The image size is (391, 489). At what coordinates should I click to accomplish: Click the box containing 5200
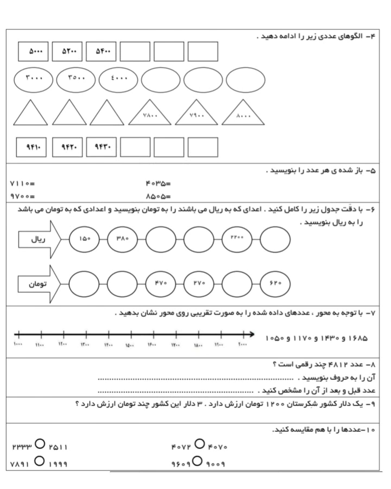(x=67, y=51)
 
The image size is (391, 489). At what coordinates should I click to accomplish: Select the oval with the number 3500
(x=76, y=80)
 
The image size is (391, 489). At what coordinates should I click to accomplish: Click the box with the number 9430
(x=101, y=147)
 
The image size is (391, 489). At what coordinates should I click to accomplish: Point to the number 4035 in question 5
(x=156, y=184)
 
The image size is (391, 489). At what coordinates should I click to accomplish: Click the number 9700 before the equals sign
(x=20, y=196)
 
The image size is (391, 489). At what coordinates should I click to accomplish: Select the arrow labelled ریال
(x=40, y=239)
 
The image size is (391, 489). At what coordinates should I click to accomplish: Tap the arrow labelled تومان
(x=39, y=284)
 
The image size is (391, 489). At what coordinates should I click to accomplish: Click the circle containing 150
(x=84, y=239)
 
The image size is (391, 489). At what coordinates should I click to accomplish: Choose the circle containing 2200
(x=237, y=239)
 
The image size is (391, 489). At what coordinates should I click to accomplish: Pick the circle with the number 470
(x=161, y=284)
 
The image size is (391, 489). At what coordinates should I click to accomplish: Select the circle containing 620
(x=275, y=284)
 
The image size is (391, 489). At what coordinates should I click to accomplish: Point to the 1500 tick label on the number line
(x=129, y=345)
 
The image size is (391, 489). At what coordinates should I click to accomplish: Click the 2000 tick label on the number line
(x=242, y=344)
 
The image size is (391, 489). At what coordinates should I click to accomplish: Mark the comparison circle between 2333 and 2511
(x=40, y=444)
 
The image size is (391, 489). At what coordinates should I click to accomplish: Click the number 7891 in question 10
(x=20, y=464)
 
